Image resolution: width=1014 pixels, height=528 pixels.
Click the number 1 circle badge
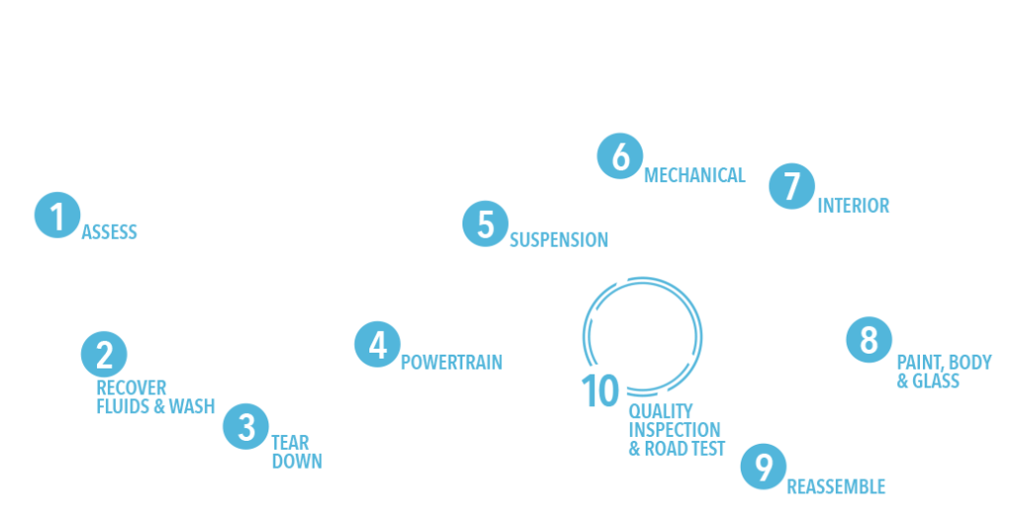point(56,215)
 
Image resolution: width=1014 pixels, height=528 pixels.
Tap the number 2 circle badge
point(104,354)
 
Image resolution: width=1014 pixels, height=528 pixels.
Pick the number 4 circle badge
point(377,345)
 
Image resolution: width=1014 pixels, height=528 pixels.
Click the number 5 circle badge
point(485,224)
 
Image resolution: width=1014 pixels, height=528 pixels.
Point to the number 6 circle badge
point(620,157)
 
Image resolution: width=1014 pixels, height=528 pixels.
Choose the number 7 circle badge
point(791,187)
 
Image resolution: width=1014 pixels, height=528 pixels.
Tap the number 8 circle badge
point(868,340)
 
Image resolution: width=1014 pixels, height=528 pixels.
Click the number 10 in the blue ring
point(600,391)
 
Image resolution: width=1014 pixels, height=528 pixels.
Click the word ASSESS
point(109,234)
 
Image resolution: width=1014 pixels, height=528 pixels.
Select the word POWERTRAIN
point(452,362)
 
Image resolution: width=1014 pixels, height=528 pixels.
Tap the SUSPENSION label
point(558,240)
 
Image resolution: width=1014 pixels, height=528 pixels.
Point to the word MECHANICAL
point(694,175)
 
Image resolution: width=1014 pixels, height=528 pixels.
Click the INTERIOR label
point(854,206)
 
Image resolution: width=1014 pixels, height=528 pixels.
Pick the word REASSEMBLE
point(836,486)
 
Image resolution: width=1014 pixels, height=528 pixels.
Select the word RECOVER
point(132,387)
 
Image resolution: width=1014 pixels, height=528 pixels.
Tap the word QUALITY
point(661,411)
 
